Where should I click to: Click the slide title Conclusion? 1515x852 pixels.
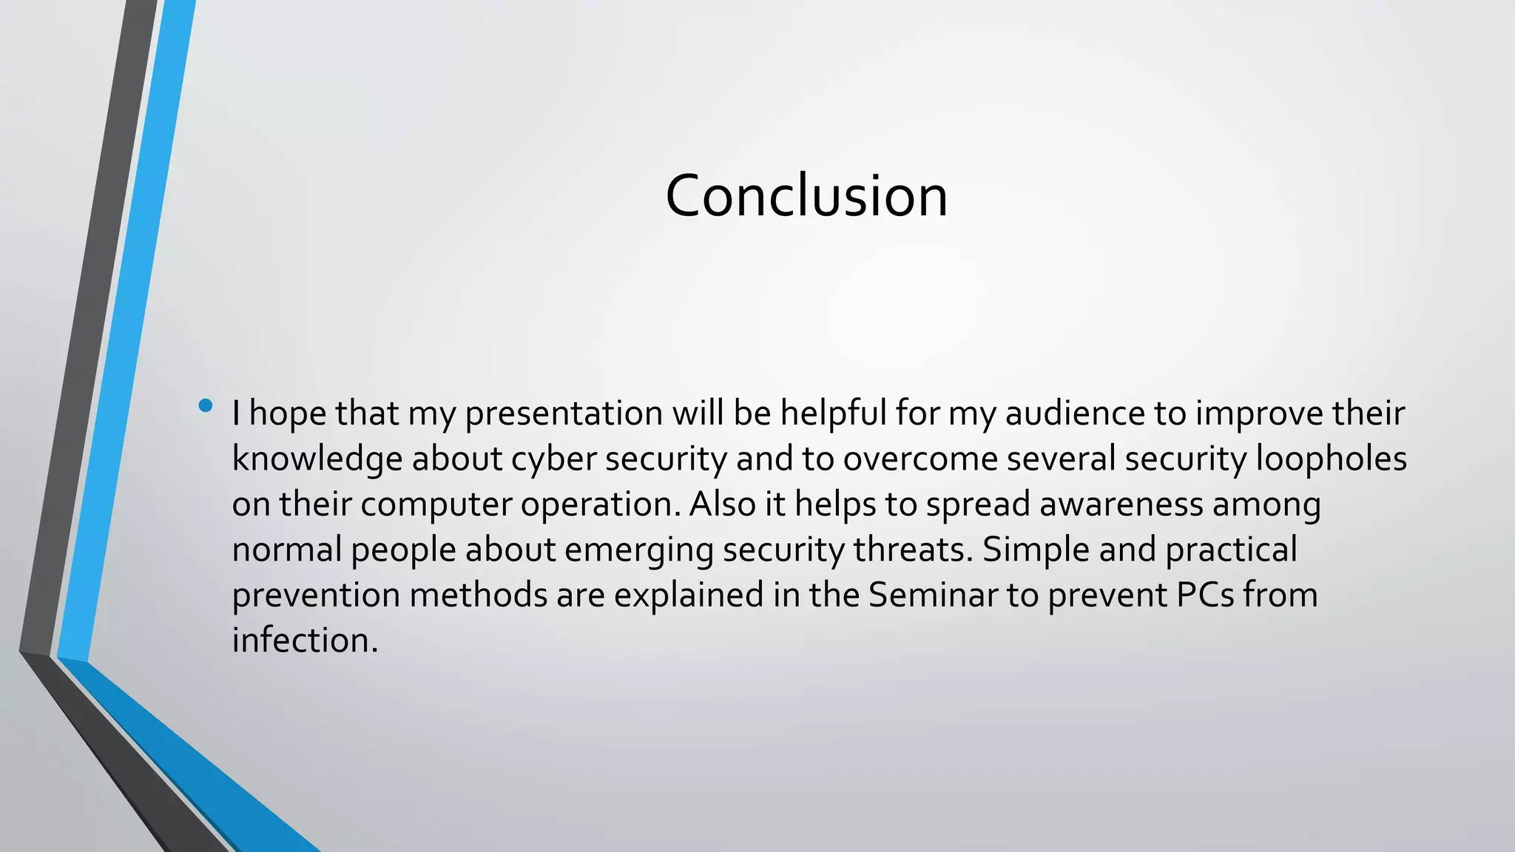[806, 196]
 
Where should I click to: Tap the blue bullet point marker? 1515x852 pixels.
[206, 405]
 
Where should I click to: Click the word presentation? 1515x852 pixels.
[564, 413]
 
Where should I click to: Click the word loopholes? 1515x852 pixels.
[1332, 459]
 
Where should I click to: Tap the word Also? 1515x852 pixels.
[723, 504]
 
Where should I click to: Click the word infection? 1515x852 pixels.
[304, 640]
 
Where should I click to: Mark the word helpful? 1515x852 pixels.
[833, 413]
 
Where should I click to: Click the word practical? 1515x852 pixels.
[1231, 550]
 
